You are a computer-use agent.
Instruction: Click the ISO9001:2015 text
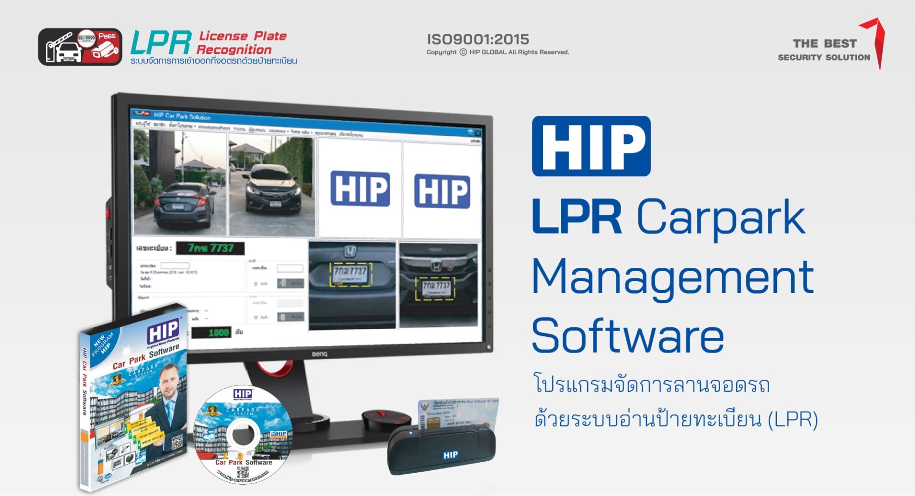point(478,39)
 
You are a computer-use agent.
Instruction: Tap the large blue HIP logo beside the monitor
point(591,146)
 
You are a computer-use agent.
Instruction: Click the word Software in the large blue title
point(628,336)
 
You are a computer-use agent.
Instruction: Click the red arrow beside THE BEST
point(876,40)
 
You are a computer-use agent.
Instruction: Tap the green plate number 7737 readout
point(210,248)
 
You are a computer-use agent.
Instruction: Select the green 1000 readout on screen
point(218,333)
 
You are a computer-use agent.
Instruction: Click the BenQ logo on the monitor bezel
point(319,354)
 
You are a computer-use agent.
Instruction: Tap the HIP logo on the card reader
point(450,455)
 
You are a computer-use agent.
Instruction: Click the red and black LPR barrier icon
point(80,47)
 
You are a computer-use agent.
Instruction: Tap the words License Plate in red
point(243,36)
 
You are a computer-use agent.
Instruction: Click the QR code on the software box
point(177,442)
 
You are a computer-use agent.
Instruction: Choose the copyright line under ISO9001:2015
point(498,52)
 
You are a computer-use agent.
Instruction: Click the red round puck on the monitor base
point(386,418)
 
